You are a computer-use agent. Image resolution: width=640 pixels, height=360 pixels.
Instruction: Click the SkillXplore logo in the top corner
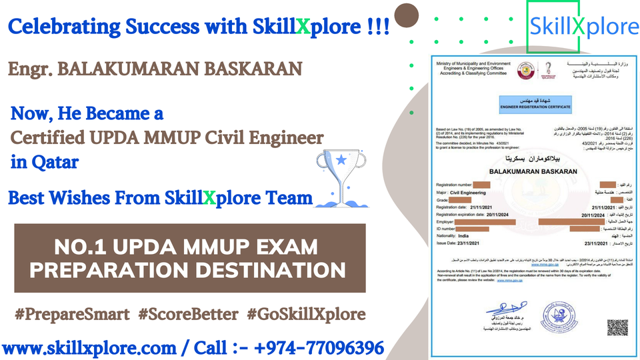[583, 27]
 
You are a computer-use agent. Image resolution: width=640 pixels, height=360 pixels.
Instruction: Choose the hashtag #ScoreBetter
[189, 314]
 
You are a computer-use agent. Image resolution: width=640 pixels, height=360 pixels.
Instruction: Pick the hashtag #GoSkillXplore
[305, 314]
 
